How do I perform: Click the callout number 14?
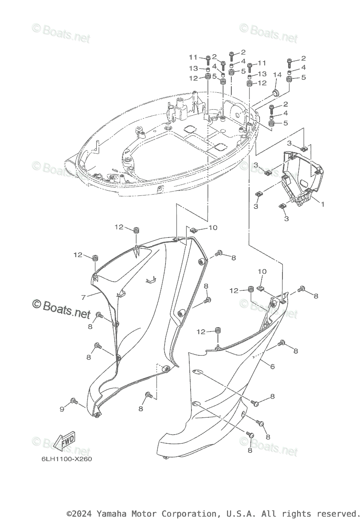pyautogui.click(x=277, y=75)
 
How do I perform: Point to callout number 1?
pyautogui.click(x=322, y=203)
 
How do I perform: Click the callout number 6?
pyautogui.click(x=272, y=367)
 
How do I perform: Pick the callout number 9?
pyautogui.click(x=62, y=409)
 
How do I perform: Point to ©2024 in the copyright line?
pyautogui.click(x=80, y=513)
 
